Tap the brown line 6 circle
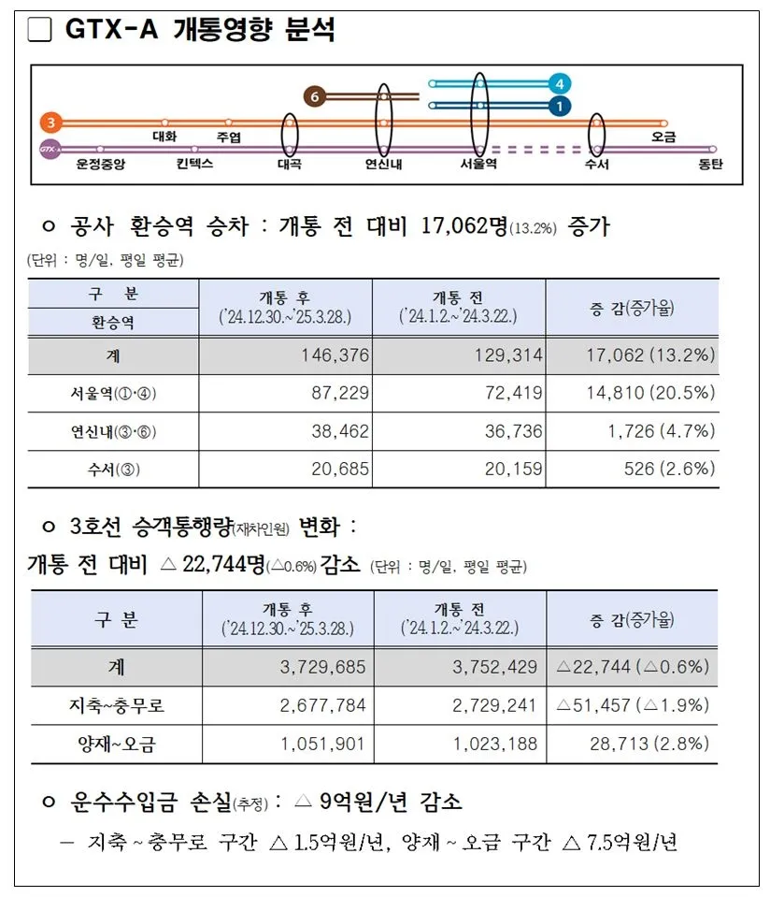click(x=315, y=96)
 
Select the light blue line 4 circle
click(x=559, y=83)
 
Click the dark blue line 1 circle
click(x=559, y=106)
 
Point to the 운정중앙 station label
click(x=100, y=164)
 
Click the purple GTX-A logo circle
click(x=50, y=149)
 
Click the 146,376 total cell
click(x=335, y=354)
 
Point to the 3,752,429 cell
click(x=494, y=667)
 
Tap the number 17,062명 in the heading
click(x=463, y=226)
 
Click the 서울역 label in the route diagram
click(x=478, y=164)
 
